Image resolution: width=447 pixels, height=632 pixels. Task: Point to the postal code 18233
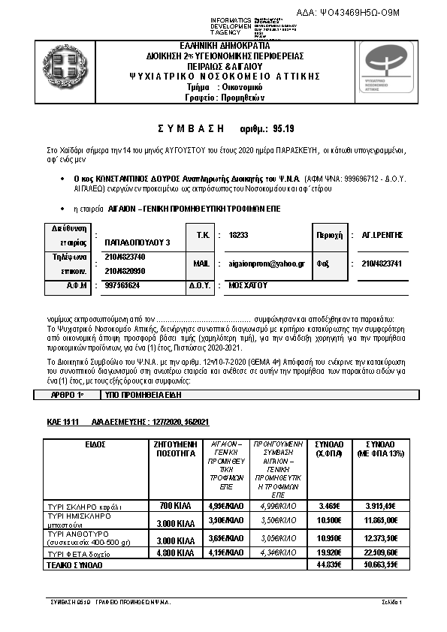[238, 235]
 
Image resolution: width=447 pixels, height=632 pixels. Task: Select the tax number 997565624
[122, 286]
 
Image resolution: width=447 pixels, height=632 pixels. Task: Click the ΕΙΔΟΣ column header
[95, 444]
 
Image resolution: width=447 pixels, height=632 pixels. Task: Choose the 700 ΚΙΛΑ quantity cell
[172, 504]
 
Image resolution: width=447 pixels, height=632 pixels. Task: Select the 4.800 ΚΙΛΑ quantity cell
[172, 552]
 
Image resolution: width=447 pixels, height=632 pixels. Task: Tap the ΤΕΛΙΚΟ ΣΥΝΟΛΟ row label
[74, 564]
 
